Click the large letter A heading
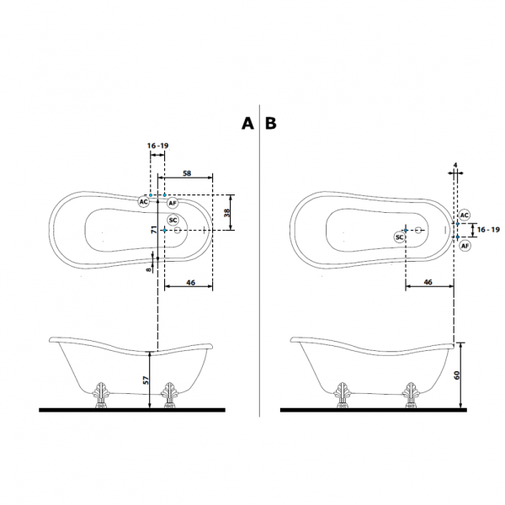coord(247,123)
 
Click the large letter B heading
coord(270,123)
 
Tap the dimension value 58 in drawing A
coord(187,173)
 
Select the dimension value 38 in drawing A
coord(227,213)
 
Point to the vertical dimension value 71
coord(154,230)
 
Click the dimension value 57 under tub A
coord(146,380)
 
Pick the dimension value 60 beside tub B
coord(457,375)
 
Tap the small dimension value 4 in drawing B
coord(455,165)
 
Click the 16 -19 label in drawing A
coord(158,146)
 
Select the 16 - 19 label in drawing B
coord(488,230)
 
